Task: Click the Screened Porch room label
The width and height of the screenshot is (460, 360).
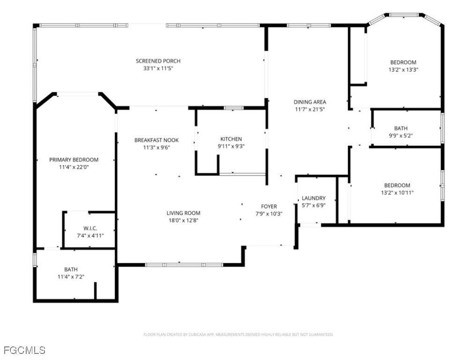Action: click(158, 61)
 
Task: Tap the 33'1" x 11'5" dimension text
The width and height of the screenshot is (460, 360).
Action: click(158, 68)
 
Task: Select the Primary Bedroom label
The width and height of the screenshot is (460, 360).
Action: click(74, 160)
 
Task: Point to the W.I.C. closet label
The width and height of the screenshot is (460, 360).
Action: click(90, 228)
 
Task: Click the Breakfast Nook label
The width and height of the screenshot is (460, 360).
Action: click(156, 140)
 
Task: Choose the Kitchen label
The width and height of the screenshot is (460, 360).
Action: click(231, 139)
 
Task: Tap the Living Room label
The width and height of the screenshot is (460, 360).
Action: click(183, 213)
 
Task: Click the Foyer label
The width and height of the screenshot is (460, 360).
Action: click(269, 206)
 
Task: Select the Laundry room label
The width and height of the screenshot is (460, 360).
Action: click(313, 198)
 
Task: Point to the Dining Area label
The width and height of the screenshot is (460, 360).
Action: click(310, 102)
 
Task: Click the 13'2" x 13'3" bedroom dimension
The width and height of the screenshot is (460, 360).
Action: click(403, 69)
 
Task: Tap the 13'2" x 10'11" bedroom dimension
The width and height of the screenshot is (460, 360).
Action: click(397, 193)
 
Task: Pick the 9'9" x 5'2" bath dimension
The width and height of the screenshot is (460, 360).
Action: click(401, 135)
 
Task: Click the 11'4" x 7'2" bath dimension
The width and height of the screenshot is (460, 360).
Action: click(71, 277)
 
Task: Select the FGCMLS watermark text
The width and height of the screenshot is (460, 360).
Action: click(25, 350)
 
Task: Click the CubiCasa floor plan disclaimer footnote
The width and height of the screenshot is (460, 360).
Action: click(238, 335)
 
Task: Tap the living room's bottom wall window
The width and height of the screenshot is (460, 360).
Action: click(184, 265)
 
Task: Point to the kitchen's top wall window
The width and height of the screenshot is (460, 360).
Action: click(234, 108)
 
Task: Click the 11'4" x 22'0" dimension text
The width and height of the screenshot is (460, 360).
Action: click(74, 167)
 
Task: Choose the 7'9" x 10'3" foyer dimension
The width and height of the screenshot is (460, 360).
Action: click(269, 214)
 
